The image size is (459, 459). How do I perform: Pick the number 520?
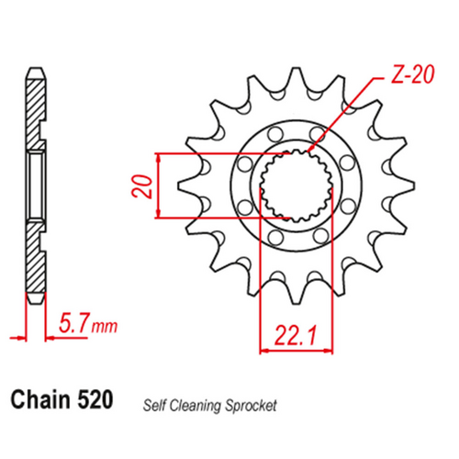point(97,400)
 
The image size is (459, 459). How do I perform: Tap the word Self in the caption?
point(151,404)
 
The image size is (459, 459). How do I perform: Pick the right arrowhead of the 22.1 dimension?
point(326,349)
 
